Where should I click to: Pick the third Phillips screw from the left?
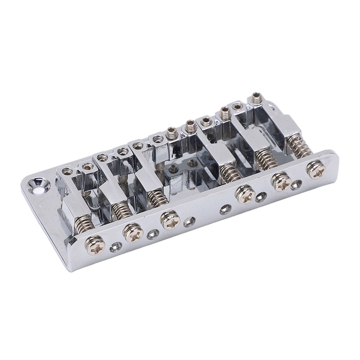point(169,219)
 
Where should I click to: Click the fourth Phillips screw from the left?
point(243,194)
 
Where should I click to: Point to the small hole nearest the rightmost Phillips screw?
point(296,184)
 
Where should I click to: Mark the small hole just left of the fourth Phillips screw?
point(224,210)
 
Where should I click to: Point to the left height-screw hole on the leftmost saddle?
point(67,171)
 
